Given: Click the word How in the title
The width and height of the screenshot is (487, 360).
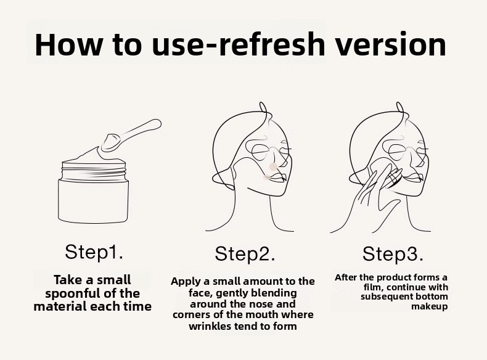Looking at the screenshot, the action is [68, 44].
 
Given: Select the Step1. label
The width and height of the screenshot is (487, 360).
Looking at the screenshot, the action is [94, 252].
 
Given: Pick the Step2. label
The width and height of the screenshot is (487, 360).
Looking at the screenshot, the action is [245, 254].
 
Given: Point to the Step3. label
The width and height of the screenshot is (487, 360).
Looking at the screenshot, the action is [393, 254].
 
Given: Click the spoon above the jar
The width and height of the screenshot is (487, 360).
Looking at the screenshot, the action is [131, 135].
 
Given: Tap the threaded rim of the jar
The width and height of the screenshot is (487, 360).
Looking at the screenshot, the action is [94, 173].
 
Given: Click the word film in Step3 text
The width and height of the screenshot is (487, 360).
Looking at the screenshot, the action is [372, 287].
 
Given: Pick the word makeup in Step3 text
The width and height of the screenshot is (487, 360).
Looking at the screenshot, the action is [430, 307].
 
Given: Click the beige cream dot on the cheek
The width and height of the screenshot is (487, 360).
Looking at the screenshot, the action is [273, 167].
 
